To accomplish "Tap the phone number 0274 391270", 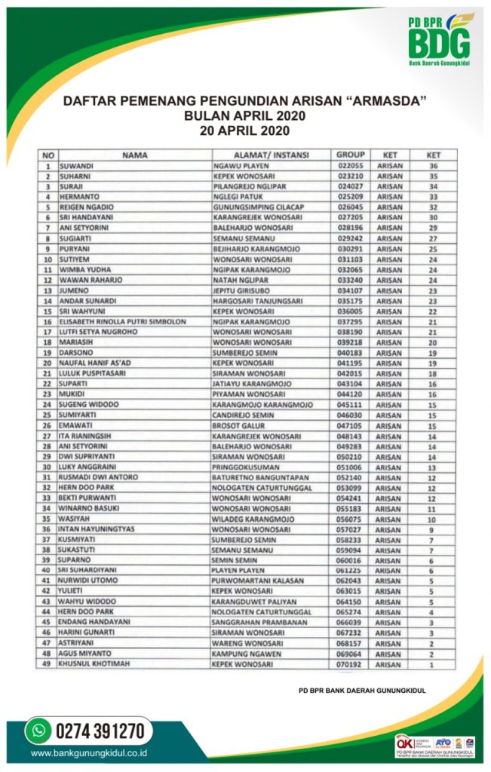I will pyautogui.click(x=99, y=730).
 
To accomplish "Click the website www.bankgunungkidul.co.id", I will pyautogui.click(x=89, y=752).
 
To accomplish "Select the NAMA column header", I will pyautogui.click(x=133, y=155).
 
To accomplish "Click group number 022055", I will pyautogui.click(x=351, y=166).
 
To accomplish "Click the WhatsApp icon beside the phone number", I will pyautogui.click(x=37, y=730).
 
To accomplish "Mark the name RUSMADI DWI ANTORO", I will pyautogui.click(x=96, y=477).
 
